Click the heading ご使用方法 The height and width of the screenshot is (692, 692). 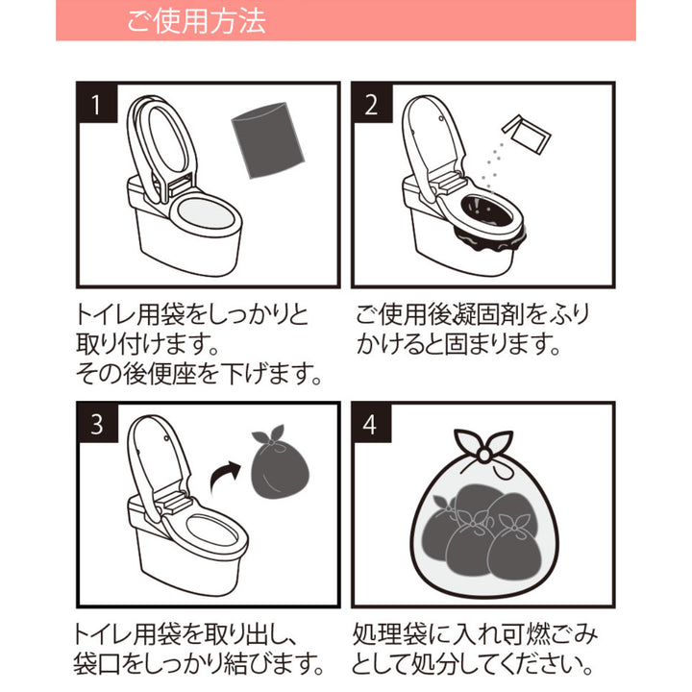pos(196,21)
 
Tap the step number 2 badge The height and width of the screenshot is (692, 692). pos(372,105)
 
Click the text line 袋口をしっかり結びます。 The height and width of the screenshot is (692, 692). pos(197,663)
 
